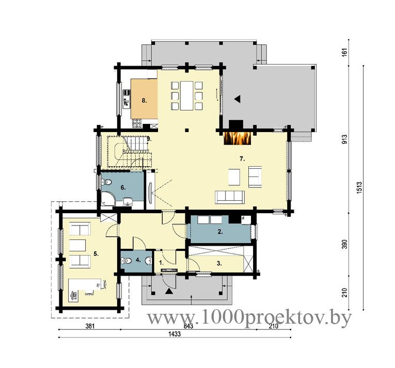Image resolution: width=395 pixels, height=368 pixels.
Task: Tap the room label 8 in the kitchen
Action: [x=144, y=101]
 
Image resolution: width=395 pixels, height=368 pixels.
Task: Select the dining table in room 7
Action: [x=186, y=95]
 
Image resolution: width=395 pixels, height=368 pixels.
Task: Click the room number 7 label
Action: [x=242, y=159]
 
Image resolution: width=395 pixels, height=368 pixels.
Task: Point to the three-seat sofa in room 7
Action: [x=229, y=197]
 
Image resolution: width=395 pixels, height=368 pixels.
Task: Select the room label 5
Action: [x=96, y=253]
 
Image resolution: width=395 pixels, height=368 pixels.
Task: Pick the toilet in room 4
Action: [x=127, y=261]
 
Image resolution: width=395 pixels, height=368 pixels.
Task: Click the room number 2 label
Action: [x=220, y=232]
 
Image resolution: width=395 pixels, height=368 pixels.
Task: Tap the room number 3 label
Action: [x=219, y=263]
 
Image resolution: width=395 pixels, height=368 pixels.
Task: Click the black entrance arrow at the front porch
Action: [x=169, y=292]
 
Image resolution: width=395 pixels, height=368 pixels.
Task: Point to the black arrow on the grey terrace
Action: [x=237, y=99]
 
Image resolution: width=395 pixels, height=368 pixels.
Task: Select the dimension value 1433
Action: [x=175, y=334]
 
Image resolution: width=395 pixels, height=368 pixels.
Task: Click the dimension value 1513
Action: [x=359, y=187]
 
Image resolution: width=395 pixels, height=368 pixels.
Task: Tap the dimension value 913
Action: [x=344, y=139]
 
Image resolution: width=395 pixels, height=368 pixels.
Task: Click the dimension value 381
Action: [x=90, y=326]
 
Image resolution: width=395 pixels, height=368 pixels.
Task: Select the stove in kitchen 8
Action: [x=137, y=123]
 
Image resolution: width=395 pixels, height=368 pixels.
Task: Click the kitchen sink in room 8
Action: [x=126, y=103]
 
